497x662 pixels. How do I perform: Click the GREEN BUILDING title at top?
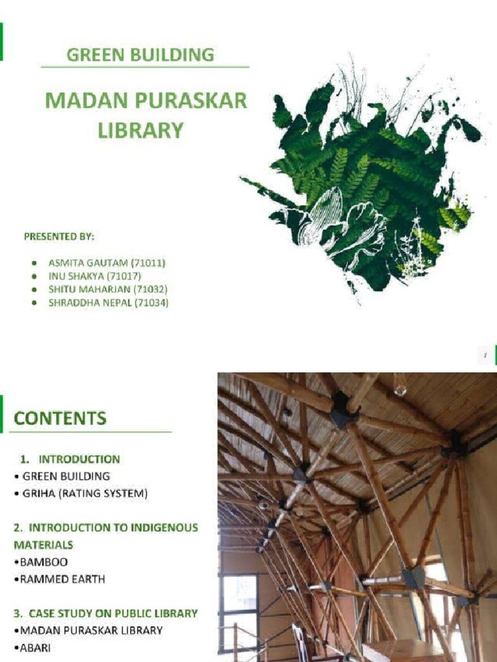click(x=140, y=54)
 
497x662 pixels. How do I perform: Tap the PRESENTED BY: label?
click(x=60, y=237)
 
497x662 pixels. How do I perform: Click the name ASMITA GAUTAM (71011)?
click(x=107, y=263)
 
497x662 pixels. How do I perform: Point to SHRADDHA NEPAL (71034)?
click(x=108, y=302)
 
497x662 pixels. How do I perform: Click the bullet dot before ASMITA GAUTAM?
click(x=34, y=264)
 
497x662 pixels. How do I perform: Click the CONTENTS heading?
click(x=60, y=418)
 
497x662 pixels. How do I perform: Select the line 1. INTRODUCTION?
click(x=70, y=460)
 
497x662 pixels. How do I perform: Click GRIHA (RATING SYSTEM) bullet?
click(x=85, y=494)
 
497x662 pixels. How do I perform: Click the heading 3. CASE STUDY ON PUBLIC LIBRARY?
click(x=105, y=613)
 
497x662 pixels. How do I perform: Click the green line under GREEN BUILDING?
click(x=145, y=67)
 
